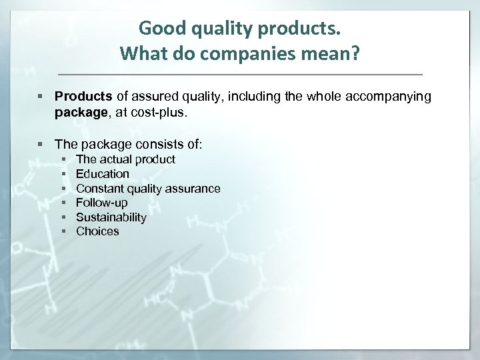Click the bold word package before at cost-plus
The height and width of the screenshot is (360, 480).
79,113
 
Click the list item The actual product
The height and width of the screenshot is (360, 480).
125,159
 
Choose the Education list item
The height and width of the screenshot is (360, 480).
103,174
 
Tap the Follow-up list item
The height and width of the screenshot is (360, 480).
101,203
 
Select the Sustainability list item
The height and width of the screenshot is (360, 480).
111,217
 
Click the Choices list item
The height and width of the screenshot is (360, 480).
97,231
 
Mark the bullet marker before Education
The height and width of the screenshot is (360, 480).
63,174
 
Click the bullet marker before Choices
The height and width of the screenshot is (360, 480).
63,231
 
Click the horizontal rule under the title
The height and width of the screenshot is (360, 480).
240,73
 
